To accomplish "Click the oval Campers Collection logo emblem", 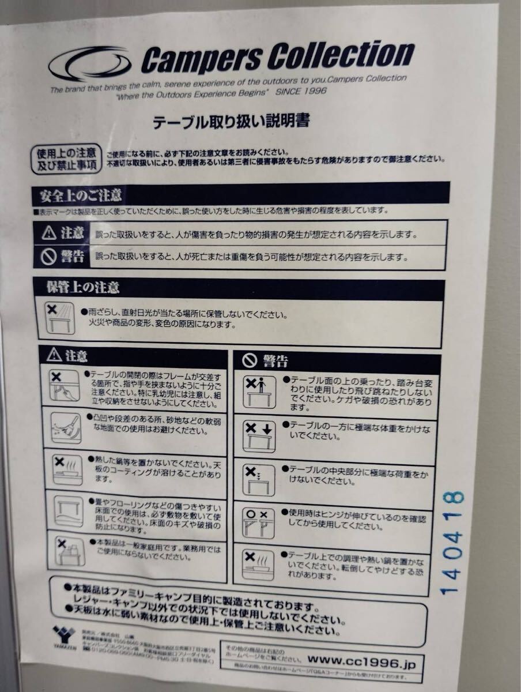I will point(90,63).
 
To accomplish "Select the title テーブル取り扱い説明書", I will point(231,122).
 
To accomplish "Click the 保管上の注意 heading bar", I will point(242,287).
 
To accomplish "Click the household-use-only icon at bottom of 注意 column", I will point(70,551).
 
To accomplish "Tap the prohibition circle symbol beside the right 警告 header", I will point(249,361).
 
